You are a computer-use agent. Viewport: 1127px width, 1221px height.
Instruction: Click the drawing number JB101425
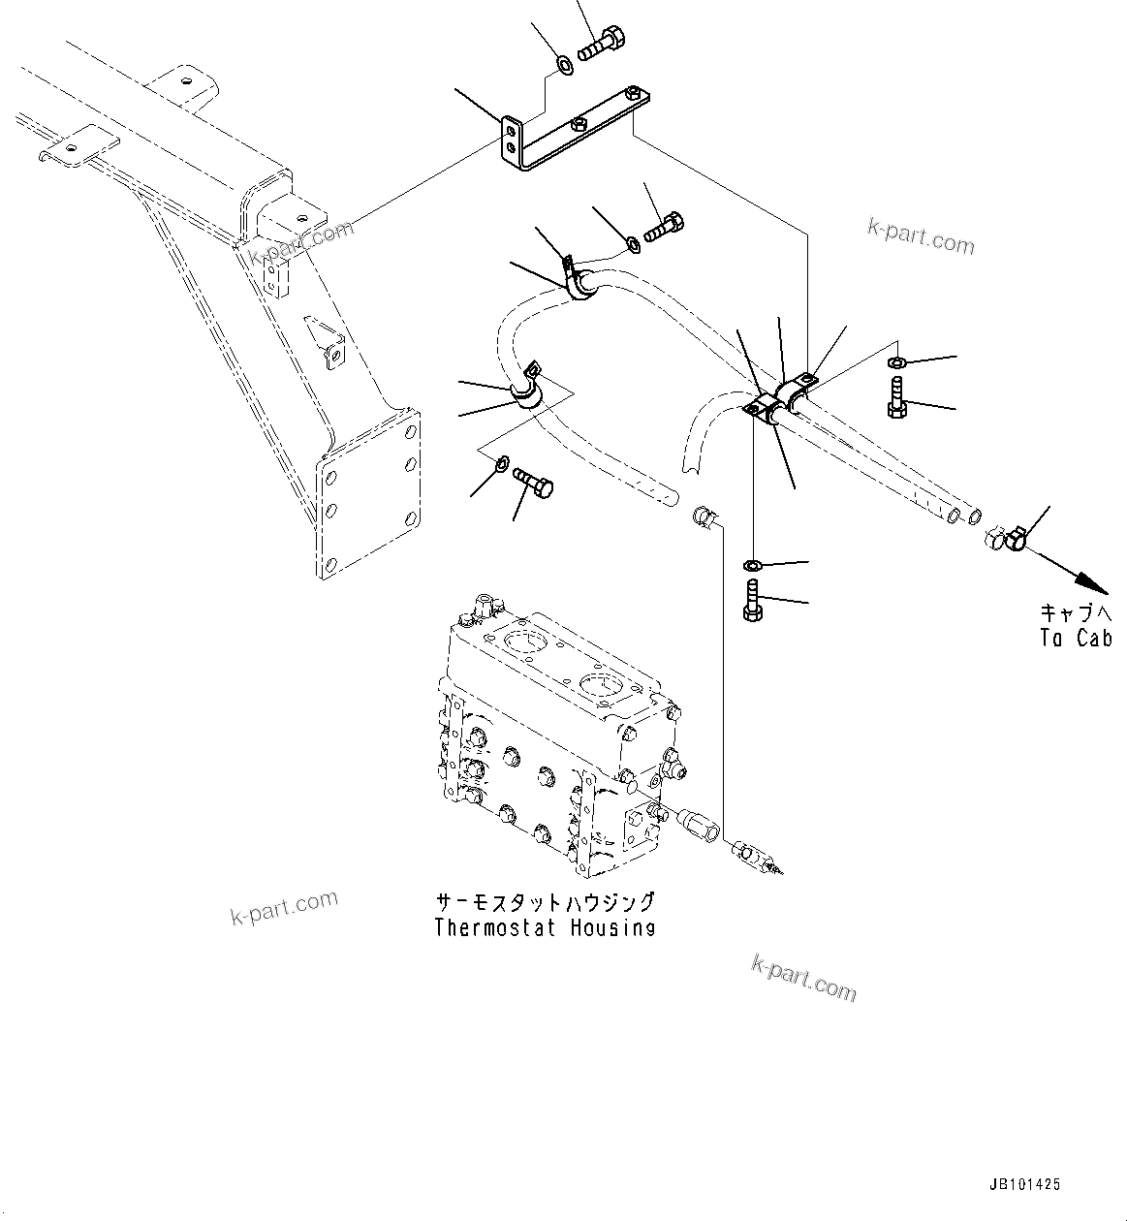pos(1025,1184)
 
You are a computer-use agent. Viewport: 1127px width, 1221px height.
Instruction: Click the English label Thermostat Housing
pos(545,927)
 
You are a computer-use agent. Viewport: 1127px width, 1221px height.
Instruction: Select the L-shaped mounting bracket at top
pos(572,136)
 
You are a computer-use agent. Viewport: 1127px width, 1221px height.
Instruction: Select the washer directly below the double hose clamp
pos(753,565)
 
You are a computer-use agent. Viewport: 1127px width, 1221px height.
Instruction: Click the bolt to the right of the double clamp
pos(896,398)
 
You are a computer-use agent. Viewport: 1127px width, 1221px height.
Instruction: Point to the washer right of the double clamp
pos(897,363)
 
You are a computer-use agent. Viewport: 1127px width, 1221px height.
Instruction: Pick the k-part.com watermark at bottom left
pos(284,907)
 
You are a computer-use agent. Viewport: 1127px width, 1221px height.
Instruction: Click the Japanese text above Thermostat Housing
pos(545,902)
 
